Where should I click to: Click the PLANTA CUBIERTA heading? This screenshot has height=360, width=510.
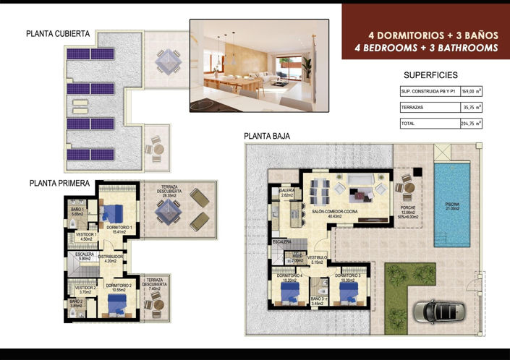[58, 34]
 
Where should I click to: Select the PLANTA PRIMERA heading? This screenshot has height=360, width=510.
[59, 184]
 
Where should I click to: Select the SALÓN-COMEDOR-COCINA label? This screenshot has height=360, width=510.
[335, 213]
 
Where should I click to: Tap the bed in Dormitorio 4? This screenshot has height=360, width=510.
[289, 291]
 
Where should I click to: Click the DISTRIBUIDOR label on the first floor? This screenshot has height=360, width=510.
[111, 257]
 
